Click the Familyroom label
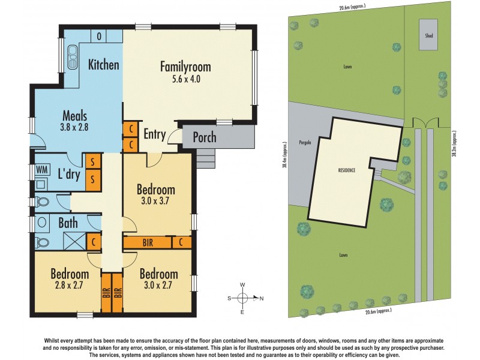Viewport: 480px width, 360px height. pyautogui.click(x=185, y=67)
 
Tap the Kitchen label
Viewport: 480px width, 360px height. pyautogui.click(x=104, y=65)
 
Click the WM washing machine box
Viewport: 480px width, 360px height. pyautogui.click(x=41, y=170)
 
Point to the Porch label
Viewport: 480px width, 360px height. pyautogui.click(x=204, y=138)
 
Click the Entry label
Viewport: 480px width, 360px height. pyautogui.click(x=154, y=134)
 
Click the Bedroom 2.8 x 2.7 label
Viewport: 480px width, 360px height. pyautogui.click(x=67, y=279)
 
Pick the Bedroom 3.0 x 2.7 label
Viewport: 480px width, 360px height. pyautogui.click(x=159, y=279)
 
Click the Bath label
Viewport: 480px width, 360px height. pyautogui.click(x=67, y=223)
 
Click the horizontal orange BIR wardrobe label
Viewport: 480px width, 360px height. pyautogui.click(x=148, y=242)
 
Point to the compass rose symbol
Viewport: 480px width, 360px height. pyautogui.click(x=242, y=298)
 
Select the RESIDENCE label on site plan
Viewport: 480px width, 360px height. pyautogui.click(x=346, y=170)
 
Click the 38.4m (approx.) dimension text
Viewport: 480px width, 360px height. pyautogui.click(x=285, y=157)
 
